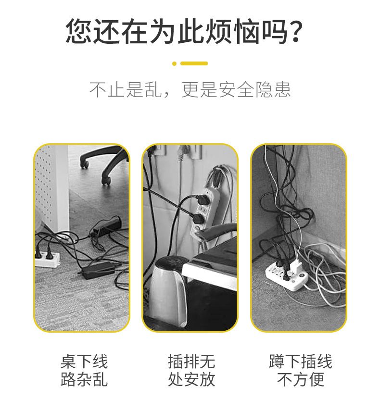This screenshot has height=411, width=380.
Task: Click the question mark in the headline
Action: (x=295, y=31)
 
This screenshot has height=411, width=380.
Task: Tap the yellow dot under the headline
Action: (x=175, y=63)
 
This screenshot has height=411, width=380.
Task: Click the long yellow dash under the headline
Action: (x=194, y=63)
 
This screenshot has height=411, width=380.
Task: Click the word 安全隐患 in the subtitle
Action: (x=254, y=89)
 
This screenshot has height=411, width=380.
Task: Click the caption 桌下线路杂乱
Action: (x=84, y=370)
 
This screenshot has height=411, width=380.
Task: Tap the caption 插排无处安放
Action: (x=191, y=370)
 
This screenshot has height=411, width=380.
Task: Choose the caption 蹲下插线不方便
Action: (x=301, y=370)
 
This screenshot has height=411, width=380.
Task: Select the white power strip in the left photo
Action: (x=47, y=260)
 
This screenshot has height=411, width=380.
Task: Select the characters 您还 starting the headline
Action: (x=92, y=31)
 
